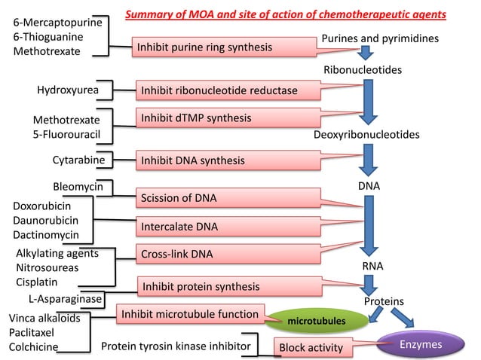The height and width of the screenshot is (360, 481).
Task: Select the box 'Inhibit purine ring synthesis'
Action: click(204, 47)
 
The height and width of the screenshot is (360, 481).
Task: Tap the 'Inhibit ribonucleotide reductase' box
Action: click(219, 91)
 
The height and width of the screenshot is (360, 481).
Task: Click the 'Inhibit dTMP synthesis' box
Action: click(196, 118)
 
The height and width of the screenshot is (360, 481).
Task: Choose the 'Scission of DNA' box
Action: click(179, 199)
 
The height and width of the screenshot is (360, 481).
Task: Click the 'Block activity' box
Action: click(311, 348)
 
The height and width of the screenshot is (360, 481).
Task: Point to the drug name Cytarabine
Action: click(78, 160)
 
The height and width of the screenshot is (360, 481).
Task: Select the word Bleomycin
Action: click(78, 186)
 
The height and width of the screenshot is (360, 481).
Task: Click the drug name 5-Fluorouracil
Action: click(66, 134)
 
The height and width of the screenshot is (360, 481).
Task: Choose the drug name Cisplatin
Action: click(36, 282)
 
